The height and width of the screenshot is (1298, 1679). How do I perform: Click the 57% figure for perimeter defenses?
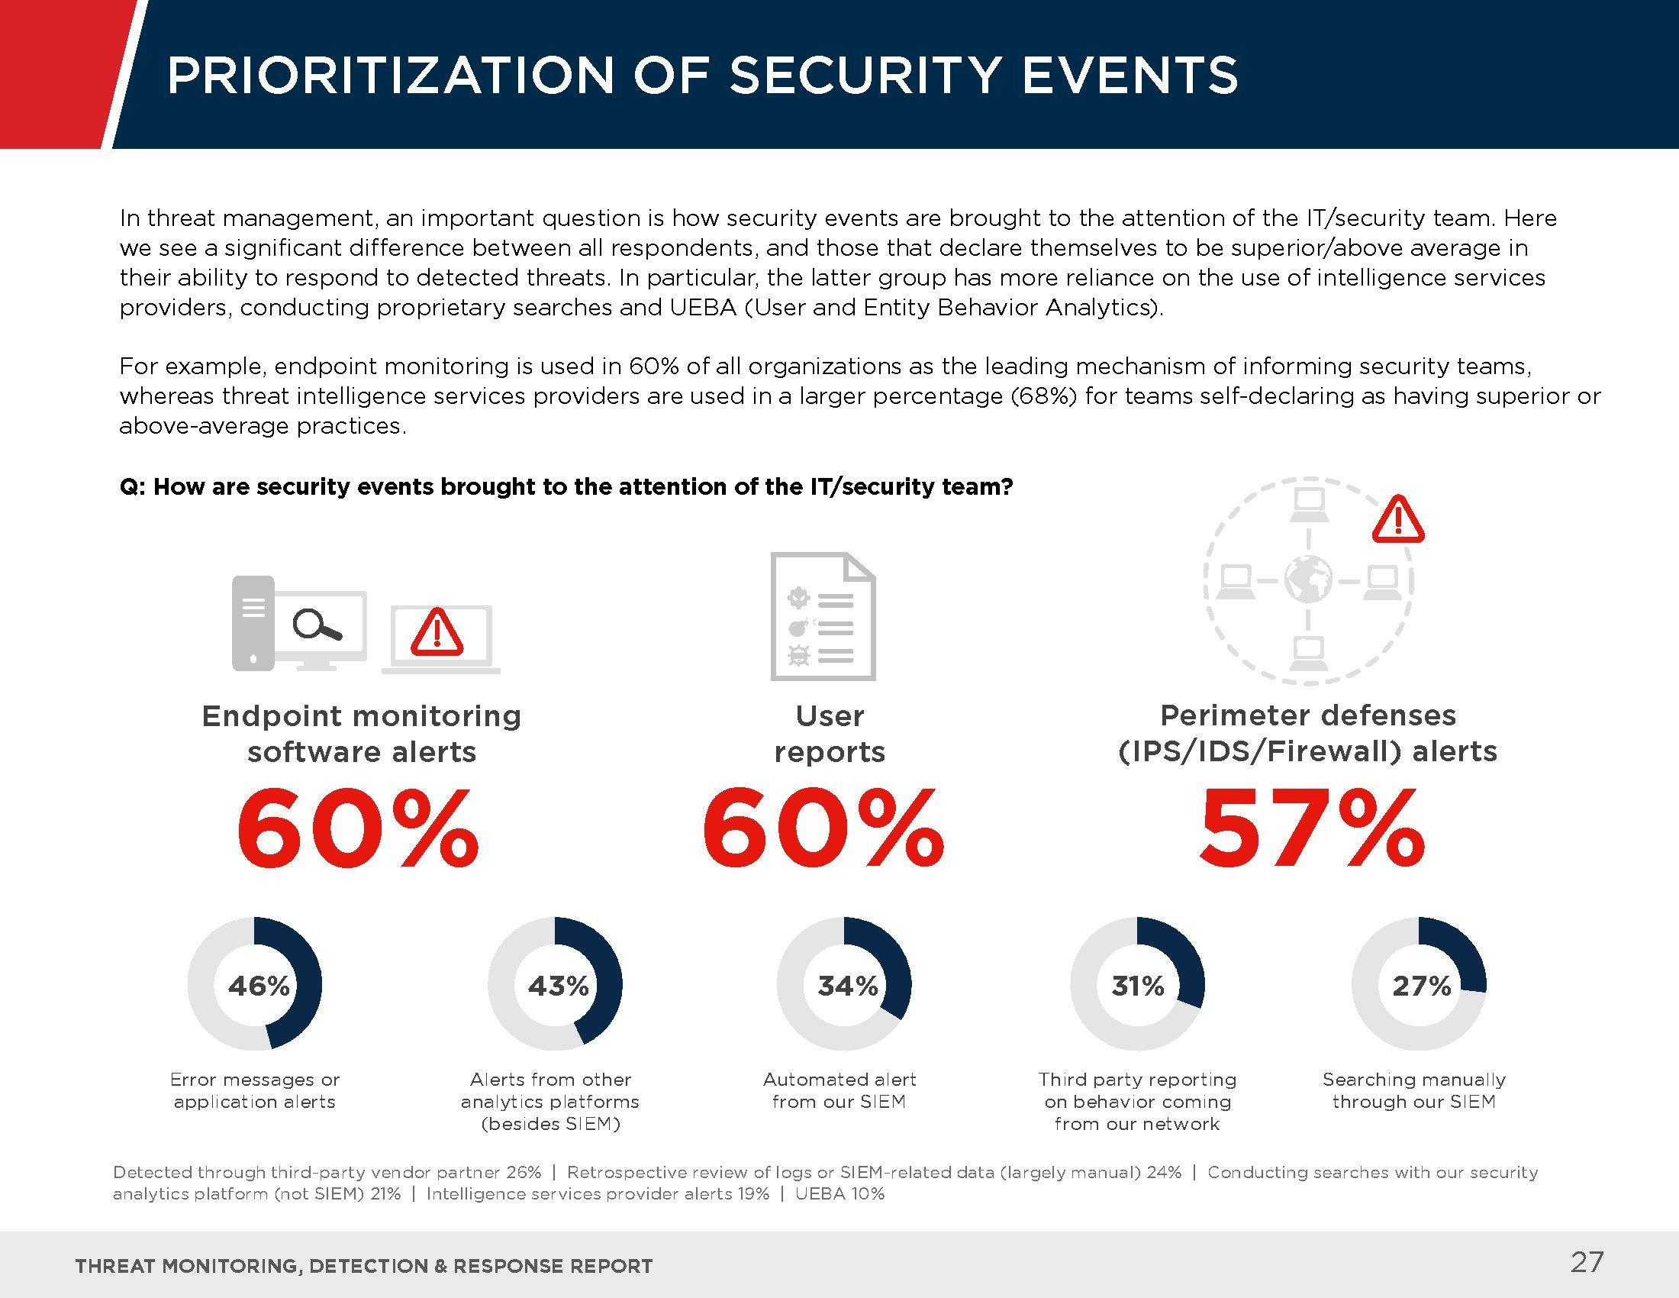[1311, 829]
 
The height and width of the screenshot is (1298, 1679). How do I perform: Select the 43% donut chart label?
[558, 986]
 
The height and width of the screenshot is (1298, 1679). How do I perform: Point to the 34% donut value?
[847, 986]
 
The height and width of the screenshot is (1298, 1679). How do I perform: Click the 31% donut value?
[1138, 986]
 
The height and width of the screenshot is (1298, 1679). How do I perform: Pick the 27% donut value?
[1422, 986]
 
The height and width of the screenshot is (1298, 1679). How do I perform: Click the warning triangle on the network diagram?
[1397, 520]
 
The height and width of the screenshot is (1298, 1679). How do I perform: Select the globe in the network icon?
[1308, 580]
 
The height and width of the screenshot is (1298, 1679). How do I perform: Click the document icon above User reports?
[823, 616]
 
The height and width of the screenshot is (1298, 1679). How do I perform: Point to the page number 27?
[1587, 1262]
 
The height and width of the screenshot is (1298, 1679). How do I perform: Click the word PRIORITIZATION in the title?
[391, 76]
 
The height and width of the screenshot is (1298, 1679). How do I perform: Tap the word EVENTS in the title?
[1130, 76]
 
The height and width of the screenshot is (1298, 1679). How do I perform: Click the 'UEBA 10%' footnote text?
[839, 1193]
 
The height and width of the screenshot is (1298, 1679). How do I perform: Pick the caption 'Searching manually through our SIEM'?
[1413, 1090]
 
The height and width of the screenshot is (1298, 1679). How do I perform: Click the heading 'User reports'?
[830, 733]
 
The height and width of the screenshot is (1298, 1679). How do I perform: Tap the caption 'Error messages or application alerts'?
[254, 1090]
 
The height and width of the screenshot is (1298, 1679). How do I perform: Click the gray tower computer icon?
[253, 623]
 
